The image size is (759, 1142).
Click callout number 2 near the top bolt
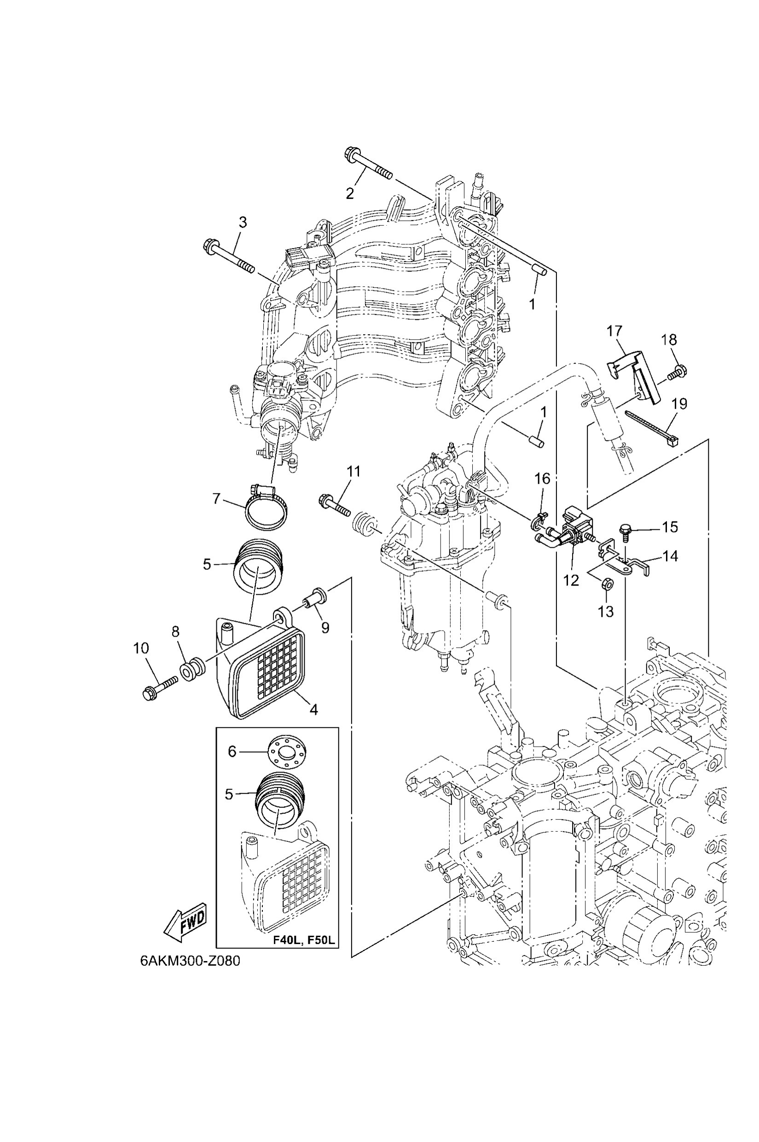(349, 193)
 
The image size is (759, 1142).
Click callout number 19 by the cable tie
(680, 403)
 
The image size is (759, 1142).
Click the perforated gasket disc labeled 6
(287, 760)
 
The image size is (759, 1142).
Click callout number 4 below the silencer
(313, 710)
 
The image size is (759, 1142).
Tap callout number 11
(354, 471)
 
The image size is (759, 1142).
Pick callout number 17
(614, 331)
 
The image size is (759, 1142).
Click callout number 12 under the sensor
(571, 580)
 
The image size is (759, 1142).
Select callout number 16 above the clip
(542, 479)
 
